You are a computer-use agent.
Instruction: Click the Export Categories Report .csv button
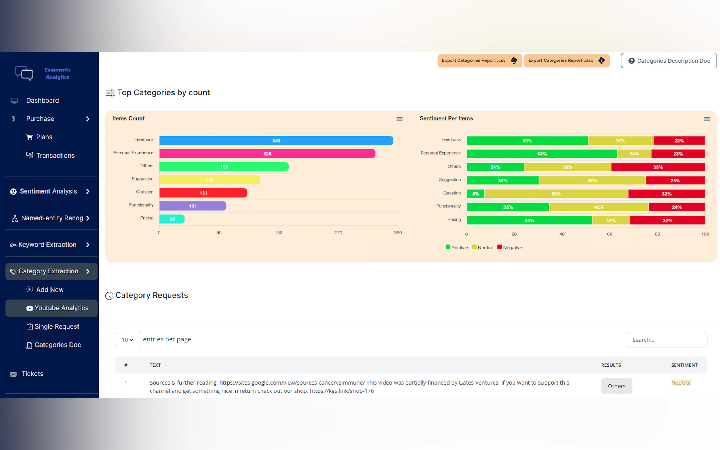click(479, 61)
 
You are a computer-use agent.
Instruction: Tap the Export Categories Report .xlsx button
click(566, 61)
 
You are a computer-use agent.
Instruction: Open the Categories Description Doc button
click(668, 61)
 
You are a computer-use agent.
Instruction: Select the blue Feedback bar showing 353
click(276, 141)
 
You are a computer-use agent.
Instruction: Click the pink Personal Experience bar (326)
click(267, 154)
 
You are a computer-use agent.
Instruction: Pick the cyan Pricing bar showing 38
click(172, 219)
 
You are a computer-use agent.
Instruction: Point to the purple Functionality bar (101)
click(192, 206)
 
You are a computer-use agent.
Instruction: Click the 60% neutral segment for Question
click(556, 194)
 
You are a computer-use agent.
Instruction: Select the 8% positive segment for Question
click(475, 194)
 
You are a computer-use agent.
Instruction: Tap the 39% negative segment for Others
click(658, 167)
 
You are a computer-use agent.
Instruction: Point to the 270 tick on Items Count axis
click(338, 233)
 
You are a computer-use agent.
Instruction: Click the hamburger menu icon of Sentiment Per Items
click(706, 119)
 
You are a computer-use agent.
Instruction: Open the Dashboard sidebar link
click(42, 101)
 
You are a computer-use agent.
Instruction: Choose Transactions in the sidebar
click(55, 155)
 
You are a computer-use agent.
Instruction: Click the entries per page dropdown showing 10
click(128, 339)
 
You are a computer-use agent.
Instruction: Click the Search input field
click(666, 339)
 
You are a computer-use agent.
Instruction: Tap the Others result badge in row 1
click(617, 386)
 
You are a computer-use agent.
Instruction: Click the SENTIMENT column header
click(684, 365)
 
